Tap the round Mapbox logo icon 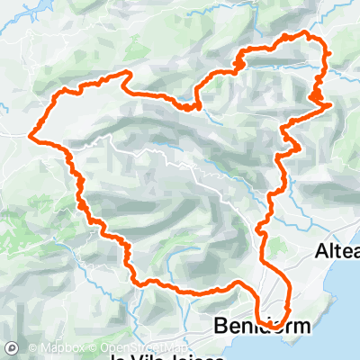[12, 347]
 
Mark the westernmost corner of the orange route [31, 137]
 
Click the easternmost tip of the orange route [331, 104]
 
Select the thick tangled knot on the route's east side [317, 96]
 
